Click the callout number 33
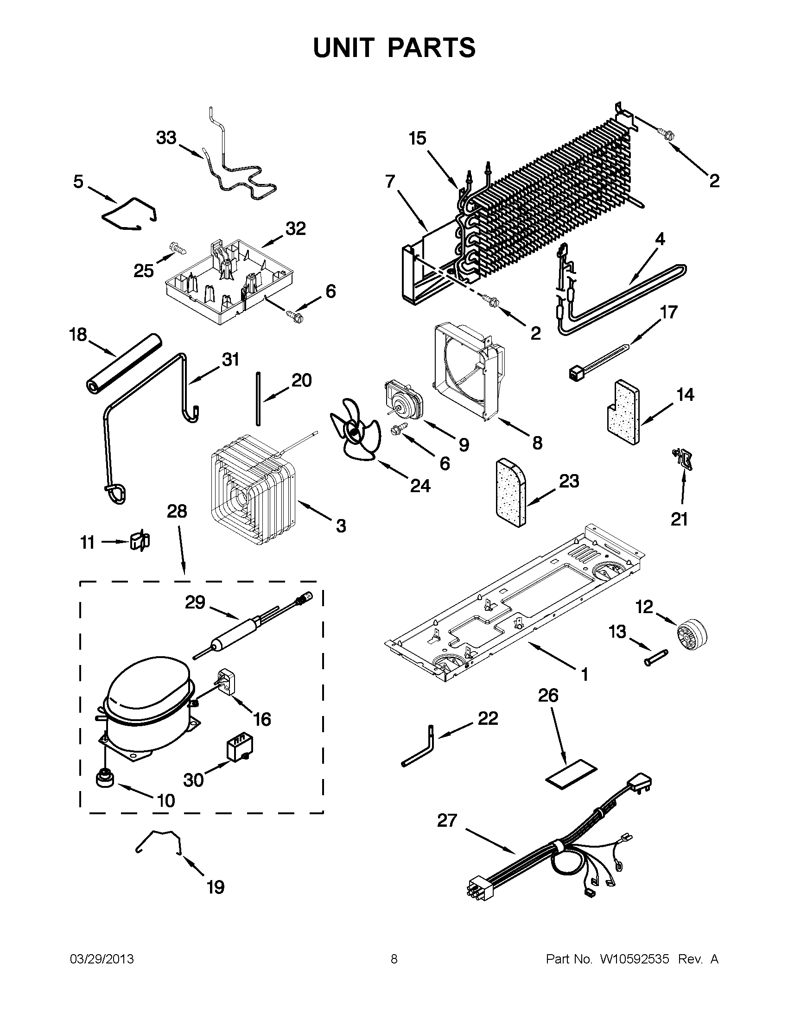(166, 138)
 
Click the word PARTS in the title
(431, 48)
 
